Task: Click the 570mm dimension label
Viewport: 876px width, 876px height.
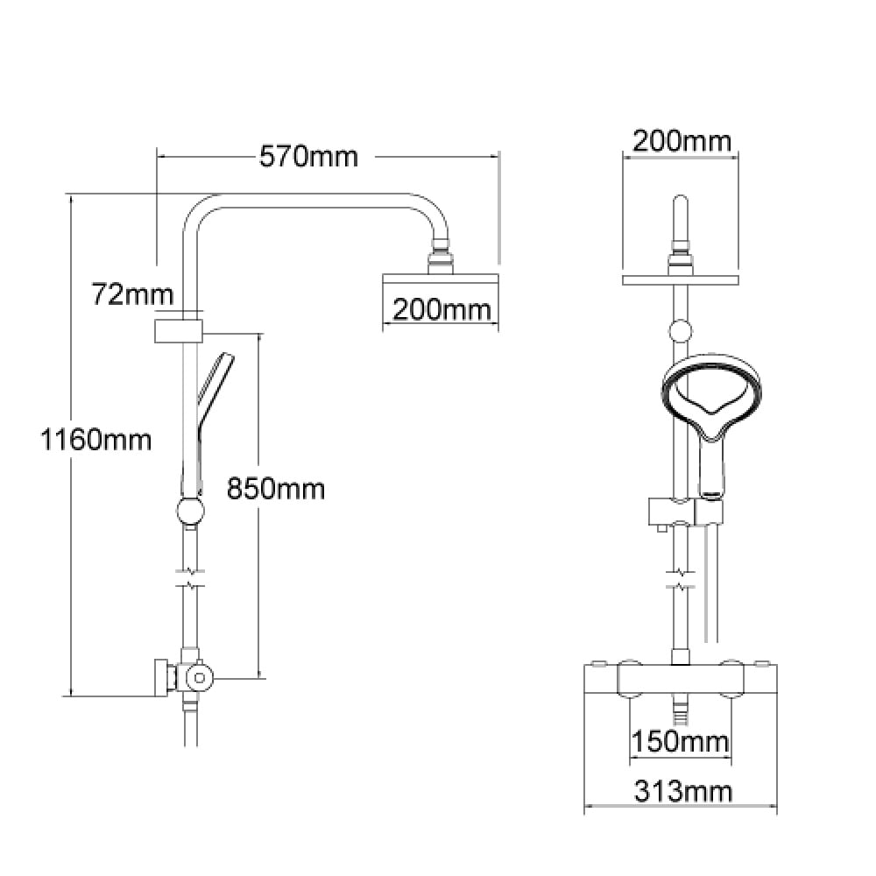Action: [x=308, y=157]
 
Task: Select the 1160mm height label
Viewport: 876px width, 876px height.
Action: [x=96, y=440]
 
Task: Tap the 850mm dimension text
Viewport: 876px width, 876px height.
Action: [x=276, y=489]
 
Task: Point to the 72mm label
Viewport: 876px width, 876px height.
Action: [x=132, y=294]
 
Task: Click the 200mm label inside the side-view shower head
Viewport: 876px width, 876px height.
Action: [x=442, y=309]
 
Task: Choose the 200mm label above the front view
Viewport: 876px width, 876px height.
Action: [x=682, y=141]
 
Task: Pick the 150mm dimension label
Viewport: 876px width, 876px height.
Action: [x=680, y=742]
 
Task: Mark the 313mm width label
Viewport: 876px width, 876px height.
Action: [x=682, y=791]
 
